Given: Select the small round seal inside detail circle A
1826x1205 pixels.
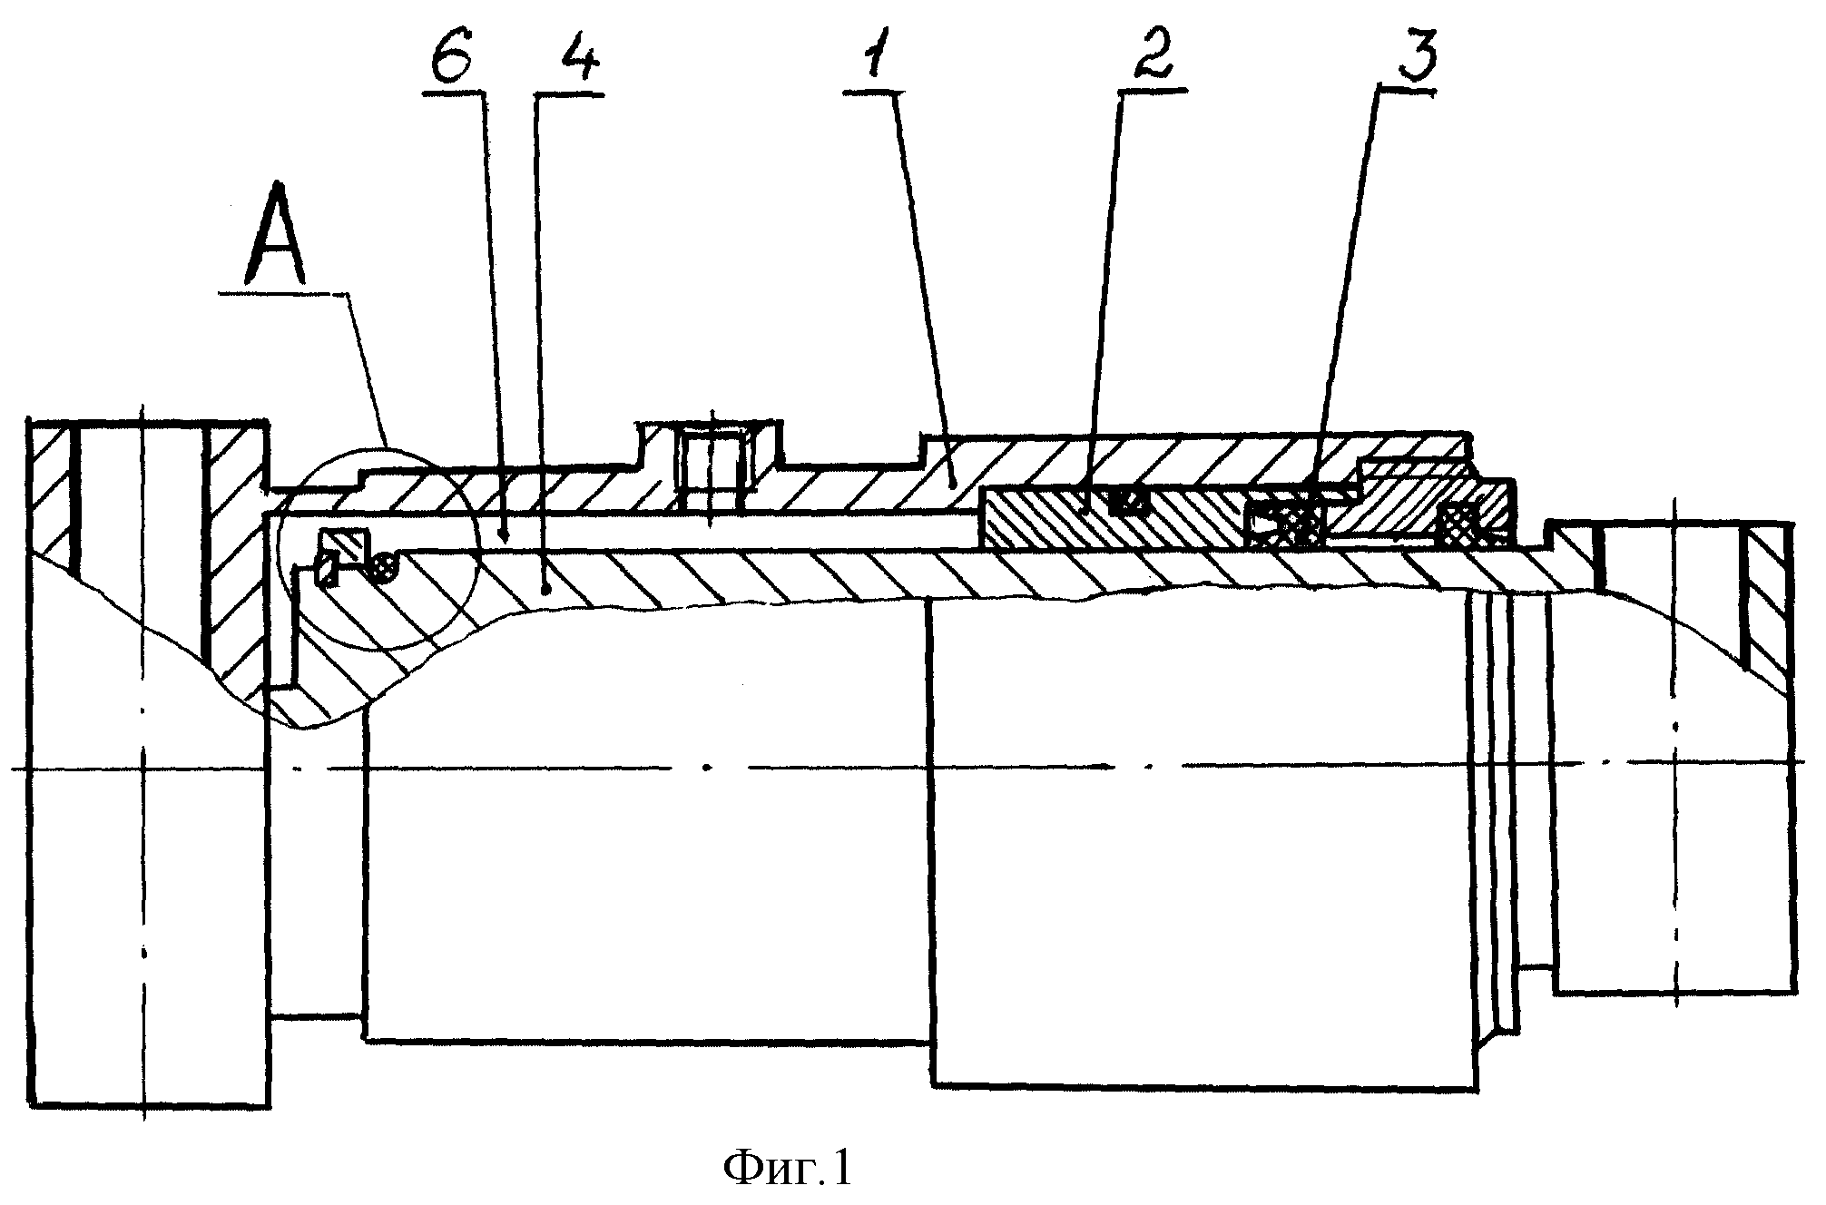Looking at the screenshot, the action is click(385, 565).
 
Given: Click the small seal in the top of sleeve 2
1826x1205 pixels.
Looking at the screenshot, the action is click(1128, 499).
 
